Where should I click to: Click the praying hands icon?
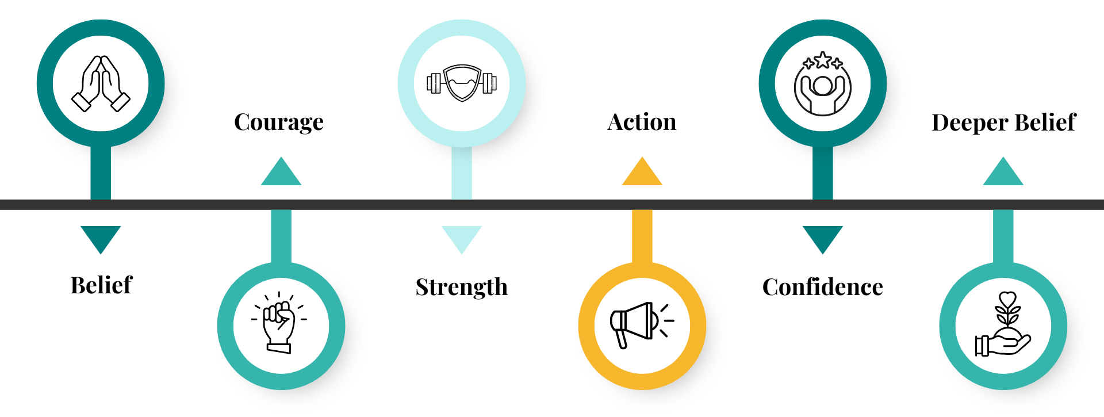pos(101,83)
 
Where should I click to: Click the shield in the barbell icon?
pos(462,83)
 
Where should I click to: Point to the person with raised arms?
pos(822,92)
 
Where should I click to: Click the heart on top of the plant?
pos(1007,299)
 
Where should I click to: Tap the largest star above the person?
pos(823,59)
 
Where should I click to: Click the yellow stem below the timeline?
pos(642,236)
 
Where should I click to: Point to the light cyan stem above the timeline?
pos(462,173)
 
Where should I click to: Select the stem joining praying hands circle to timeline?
pos(101,173)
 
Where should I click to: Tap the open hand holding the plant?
pos(1006,345)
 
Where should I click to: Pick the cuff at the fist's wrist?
pos(279,347)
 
